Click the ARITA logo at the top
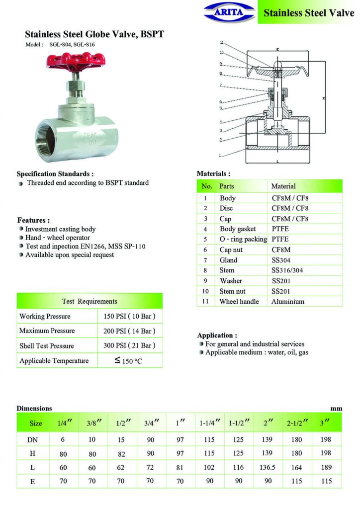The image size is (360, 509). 229,12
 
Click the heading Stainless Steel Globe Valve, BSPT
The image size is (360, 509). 94,34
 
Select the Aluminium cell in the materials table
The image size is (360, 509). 288,301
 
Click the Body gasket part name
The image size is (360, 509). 238,229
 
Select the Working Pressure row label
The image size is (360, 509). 45,316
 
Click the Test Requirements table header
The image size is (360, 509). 90,301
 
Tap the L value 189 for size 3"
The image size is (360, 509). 327,468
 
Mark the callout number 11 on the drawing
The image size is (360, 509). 222,43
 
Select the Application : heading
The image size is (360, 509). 217,336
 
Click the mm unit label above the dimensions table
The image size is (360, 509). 337,408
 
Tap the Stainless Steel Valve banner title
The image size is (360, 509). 309,13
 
